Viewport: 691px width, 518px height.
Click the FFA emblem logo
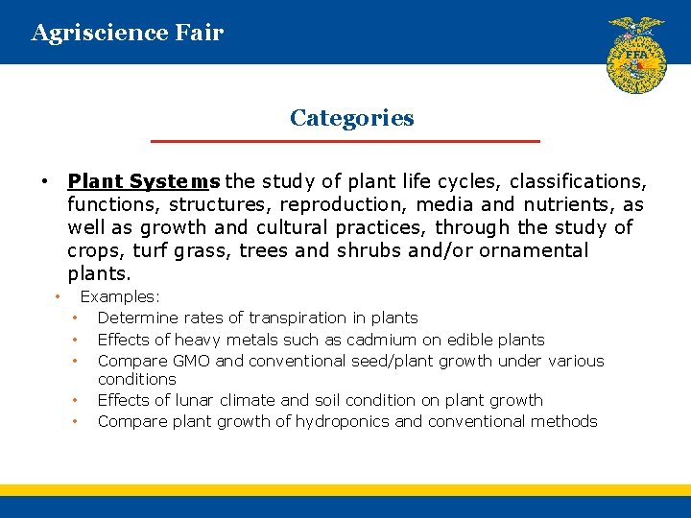tap(636, 55)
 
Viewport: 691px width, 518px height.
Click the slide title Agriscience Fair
tap(128, 33)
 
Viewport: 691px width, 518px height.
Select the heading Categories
tap(351, 118)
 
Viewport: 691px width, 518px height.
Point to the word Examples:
tap(120, 297)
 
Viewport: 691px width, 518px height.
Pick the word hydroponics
tap(343, 421)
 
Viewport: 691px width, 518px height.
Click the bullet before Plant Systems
tap(44, 181)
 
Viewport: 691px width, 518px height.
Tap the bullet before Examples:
tap(58, 297)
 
